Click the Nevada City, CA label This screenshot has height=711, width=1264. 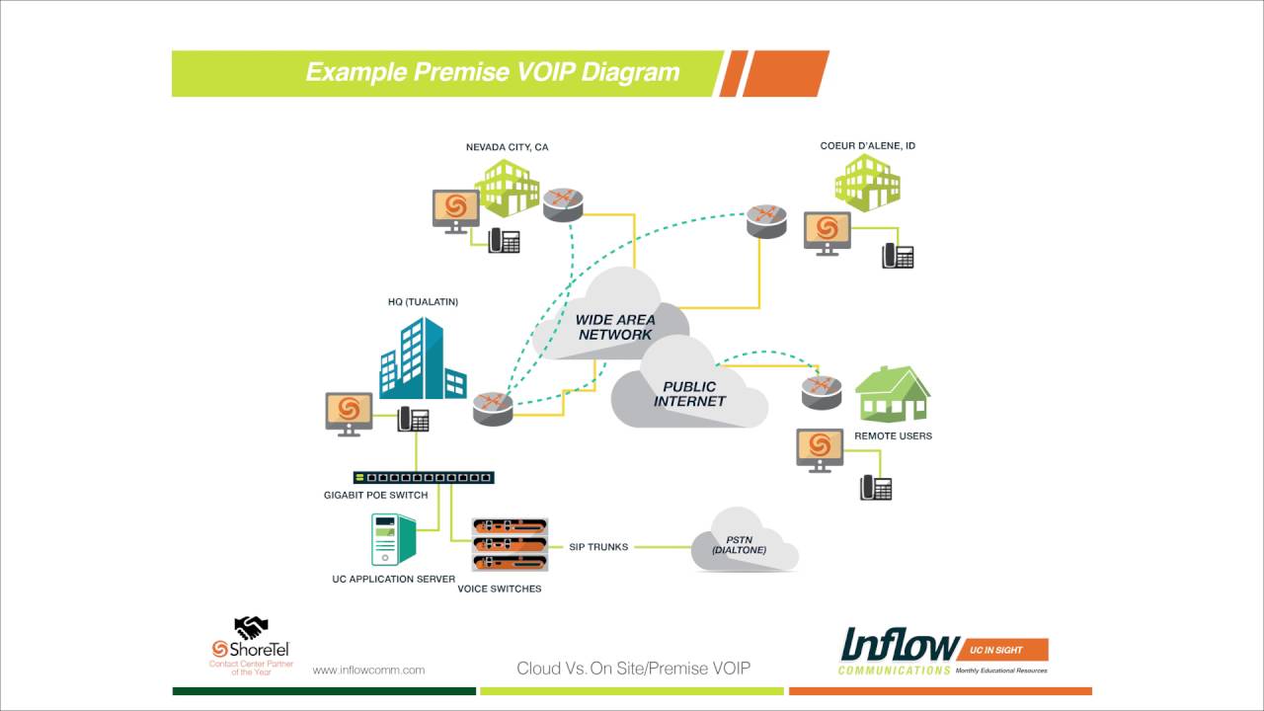507,147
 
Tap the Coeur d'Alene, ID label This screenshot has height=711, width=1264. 867,146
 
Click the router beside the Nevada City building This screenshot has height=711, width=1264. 563,203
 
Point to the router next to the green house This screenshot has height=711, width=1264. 821,391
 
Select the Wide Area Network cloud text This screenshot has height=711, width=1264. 615,327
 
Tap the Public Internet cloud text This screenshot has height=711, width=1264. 689,394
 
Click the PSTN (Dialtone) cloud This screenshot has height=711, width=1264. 740,544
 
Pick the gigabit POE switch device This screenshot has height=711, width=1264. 424,478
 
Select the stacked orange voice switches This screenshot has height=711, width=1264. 510,544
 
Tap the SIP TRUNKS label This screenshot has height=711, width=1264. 597,547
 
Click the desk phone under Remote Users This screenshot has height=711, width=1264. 876,487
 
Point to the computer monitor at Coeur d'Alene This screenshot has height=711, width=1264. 827,231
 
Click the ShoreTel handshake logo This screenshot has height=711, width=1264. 251,628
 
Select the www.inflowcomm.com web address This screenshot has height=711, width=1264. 368,670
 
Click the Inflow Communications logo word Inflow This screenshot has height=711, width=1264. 899,645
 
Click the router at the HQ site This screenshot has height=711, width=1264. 493,407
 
